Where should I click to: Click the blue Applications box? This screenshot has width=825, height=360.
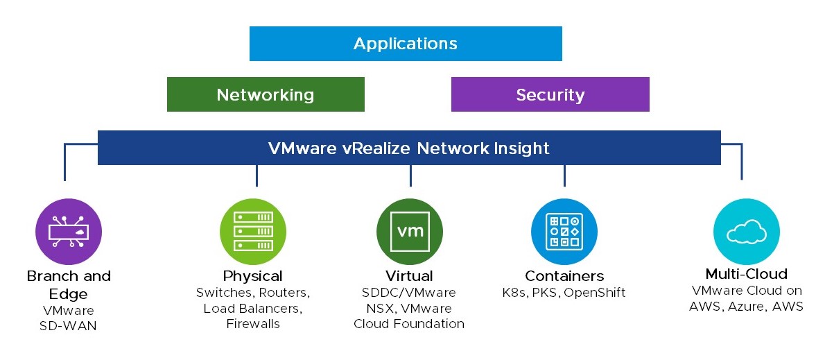pyautogui.click(x=406, y=44)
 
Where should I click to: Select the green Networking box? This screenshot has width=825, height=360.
pyautogui.click(x=266, y=94)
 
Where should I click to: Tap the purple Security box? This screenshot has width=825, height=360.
pyautogui.click(x=550, y=94)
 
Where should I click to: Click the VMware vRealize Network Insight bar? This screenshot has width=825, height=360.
pyautogui.click(x=409, y=148)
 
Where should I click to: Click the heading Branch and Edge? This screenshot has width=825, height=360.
pyautogui.click(x=69, y=284)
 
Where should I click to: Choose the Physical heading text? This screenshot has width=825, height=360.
pyautogui.click(x=253, y=276)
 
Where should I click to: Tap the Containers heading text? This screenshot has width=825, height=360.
pyautogui.click(x=564, y=276)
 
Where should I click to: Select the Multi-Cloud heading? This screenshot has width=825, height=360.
pyautogui.click(x=746, y=273)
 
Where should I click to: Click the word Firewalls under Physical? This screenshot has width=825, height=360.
pyautogui.click(x=253, y=324)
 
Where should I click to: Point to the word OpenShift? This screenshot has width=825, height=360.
pyautogui.click(x=595, y=293)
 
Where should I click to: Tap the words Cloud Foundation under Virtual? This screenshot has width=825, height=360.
pyautogui.click(x=409, y=324)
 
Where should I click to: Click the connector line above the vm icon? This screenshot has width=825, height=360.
pyautogui.click(x=410, y=175)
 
